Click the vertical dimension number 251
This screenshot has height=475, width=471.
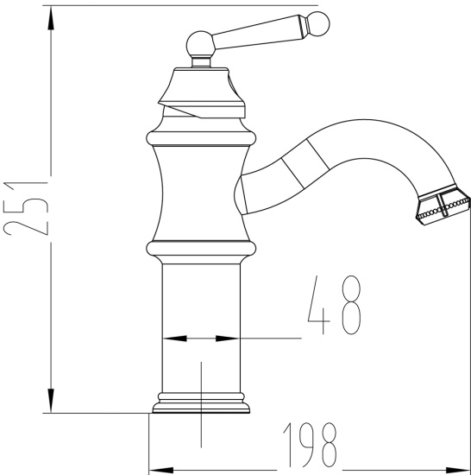point(22,210)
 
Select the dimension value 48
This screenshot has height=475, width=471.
point(332,307)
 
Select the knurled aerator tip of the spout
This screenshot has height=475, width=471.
point(443,208)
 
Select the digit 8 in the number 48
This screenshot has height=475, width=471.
point(350,307)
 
